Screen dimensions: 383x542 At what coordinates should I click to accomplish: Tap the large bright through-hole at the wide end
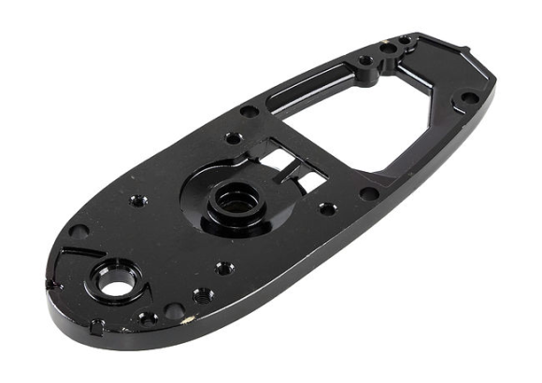coord(116,282)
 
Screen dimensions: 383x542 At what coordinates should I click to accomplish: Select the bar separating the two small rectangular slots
coord(297,166)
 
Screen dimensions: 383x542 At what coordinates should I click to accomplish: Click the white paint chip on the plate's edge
coord(193,319)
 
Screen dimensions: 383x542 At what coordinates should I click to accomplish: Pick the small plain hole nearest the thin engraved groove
coord(79,231)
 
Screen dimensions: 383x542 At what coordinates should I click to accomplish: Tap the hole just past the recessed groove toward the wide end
coord(250,111)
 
